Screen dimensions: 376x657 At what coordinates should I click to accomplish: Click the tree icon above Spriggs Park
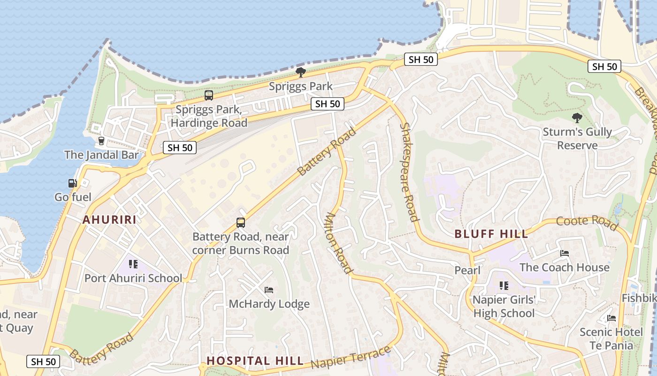(301, 72)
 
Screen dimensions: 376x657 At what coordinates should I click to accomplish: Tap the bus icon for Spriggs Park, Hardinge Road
(209, 95)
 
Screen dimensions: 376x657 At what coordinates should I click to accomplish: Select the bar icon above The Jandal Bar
(101, 141)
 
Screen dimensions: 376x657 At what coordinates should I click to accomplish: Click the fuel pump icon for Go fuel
(72, 183)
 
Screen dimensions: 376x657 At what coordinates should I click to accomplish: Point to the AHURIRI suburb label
(109, 219)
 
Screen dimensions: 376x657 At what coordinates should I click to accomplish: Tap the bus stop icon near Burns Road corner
(241, 222)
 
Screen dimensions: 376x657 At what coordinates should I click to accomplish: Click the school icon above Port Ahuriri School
(133, 264)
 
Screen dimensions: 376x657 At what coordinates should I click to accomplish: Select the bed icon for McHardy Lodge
(269, 290)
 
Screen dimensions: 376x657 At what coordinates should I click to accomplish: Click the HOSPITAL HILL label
(255, 361)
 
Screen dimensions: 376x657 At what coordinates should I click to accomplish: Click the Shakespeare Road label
(408, 172)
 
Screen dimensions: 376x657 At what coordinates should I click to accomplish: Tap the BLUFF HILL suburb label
(491, 234)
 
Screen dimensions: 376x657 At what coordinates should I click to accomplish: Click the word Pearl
(467, 270)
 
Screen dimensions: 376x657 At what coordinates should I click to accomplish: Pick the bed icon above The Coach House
(565, 253)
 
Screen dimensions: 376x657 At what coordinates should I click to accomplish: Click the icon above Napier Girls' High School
(504, 285)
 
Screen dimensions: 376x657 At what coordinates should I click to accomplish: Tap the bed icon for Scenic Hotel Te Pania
(611, 318)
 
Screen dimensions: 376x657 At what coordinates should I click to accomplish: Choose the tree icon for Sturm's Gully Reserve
(577, 117)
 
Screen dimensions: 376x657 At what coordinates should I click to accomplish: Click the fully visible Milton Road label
(338, 243)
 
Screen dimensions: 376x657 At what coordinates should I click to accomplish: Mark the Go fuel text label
(73, 197)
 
